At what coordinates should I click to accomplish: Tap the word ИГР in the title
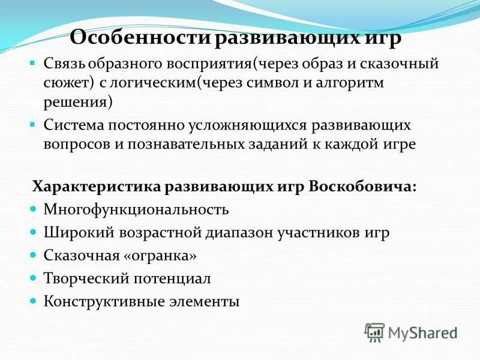coord(380,39)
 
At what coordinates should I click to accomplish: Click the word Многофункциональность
coord(136,209)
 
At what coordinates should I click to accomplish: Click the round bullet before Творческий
coord(34,278)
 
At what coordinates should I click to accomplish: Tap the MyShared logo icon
coord(374,332)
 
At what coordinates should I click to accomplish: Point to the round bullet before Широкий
coord(34,232)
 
